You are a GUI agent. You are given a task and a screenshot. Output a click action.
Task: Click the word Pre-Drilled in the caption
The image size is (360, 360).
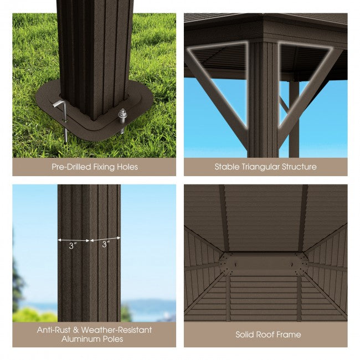click(x=71, y=167)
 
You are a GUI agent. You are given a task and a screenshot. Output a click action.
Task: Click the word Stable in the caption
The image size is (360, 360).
click(x=227, y=167)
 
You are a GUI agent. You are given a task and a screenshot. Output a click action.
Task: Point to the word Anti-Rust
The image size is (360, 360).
click(x=54, y=330)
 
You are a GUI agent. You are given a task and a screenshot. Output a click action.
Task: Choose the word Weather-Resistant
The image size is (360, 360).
click(x=117, y=330)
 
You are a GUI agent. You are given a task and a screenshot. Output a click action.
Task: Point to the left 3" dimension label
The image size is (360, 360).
click(x=73, y=246)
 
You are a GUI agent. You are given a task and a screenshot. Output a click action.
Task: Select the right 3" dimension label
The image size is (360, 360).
click(x=106, y=244)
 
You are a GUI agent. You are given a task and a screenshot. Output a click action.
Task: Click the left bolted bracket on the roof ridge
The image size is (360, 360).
click(x=227, y=264)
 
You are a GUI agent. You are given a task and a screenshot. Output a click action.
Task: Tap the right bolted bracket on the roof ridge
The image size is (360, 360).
click(x=300, y=264)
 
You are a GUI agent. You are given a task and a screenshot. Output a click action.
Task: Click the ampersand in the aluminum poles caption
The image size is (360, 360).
click(x=76, y=330)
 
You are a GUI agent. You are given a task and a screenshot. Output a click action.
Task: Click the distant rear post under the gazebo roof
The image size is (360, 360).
click(x=294, y=120)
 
